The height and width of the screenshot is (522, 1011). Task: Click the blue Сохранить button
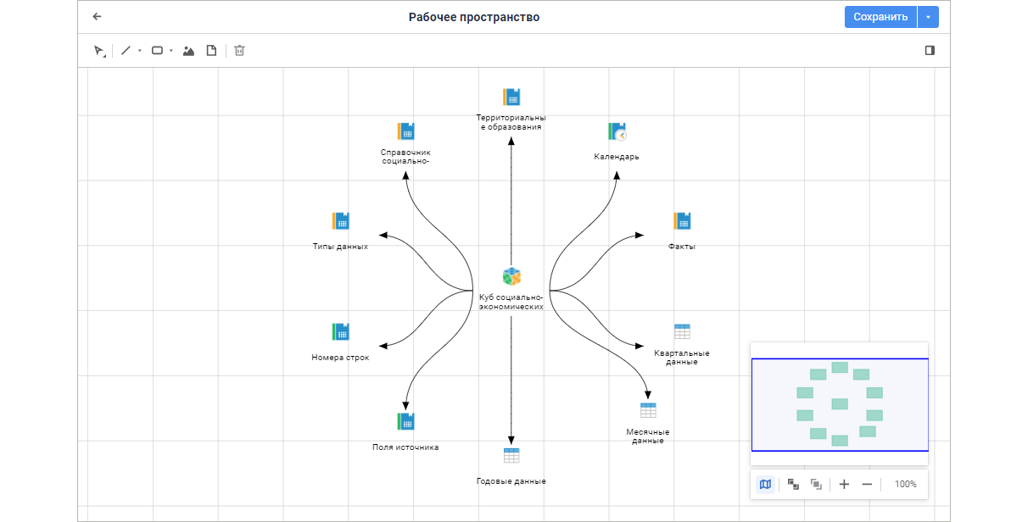(880, 17)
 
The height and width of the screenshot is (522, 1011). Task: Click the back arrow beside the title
(97, 17)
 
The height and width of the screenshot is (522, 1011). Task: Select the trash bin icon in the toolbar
(240, 51)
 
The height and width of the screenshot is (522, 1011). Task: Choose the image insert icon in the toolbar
(188, 51)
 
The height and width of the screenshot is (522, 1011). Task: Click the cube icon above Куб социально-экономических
(511, 276)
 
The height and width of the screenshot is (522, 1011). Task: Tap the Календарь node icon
(617, 131)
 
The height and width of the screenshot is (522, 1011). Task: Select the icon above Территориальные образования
(511, 97)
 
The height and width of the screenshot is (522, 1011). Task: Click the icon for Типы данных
(340, 221)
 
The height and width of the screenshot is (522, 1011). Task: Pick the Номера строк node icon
(340, 331)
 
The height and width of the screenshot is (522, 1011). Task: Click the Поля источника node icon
(405, 421)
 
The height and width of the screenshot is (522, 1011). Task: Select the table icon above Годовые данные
(511, 455)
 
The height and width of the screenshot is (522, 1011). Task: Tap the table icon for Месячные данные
(648, 410)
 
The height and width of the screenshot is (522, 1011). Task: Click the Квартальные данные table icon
(682, 331)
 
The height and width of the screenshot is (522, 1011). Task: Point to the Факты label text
(682, 247)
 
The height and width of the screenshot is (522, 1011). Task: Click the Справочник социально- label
(405, 157)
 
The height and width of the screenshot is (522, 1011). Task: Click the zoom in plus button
(844, 484)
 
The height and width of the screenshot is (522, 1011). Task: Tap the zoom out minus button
(867, 484)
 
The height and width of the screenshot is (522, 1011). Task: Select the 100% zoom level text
(905, 484)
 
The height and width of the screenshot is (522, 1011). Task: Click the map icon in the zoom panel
(765, 484)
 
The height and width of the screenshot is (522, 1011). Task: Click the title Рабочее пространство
(474, 17)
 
